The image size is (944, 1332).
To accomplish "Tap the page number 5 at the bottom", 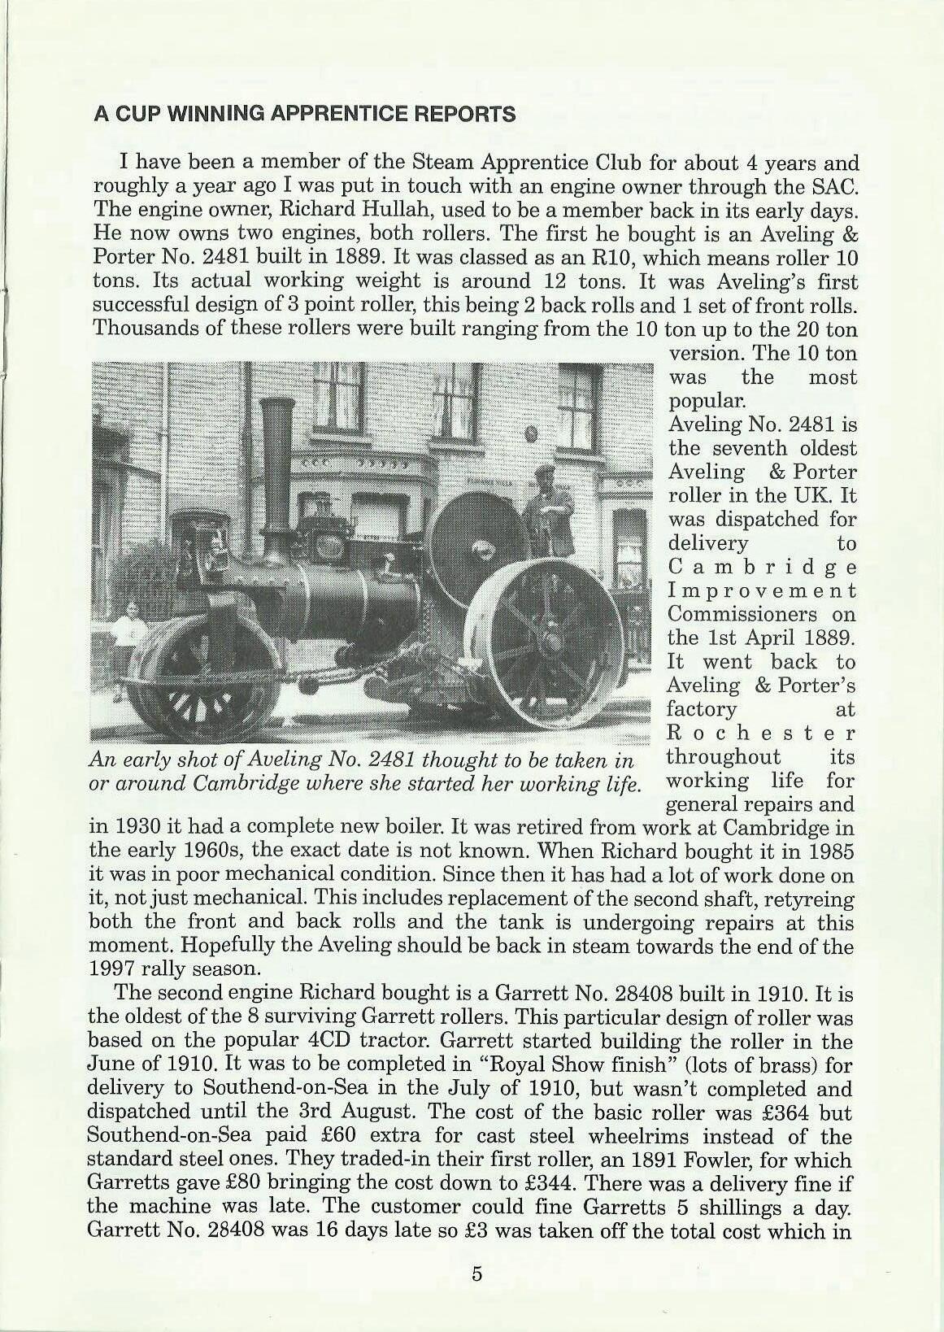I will (476, 1274).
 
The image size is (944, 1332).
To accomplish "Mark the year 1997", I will (112, 969).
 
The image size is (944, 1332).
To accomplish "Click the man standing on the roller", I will (549, 512).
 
